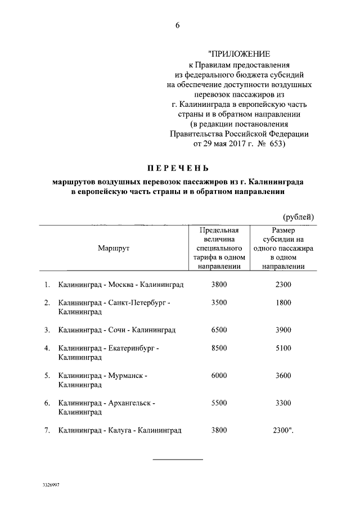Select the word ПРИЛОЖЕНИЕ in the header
240,55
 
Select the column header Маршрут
113,249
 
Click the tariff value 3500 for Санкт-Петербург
219,303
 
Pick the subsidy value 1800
283,303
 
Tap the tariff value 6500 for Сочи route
219,330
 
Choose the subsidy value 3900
283,330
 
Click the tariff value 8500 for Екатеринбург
219,348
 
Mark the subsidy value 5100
283,348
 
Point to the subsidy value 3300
283,403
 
